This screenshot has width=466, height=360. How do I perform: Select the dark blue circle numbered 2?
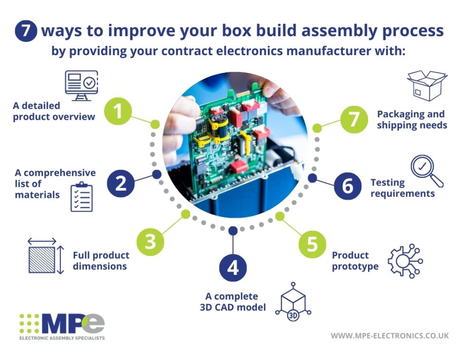121,183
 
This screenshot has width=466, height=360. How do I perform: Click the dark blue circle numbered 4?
233,268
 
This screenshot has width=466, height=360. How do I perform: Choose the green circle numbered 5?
311,244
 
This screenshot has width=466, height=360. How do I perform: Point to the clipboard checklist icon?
81,196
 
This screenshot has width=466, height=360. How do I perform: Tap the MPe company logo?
62,326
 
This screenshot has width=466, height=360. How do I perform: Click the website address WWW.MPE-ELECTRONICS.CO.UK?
389,336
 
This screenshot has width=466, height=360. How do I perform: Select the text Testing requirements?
402,188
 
